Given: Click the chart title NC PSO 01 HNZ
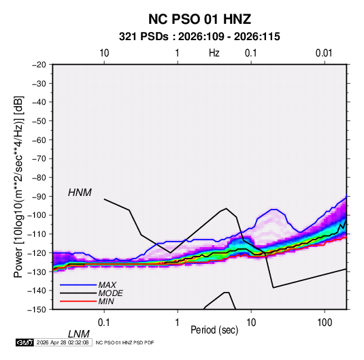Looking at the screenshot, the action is tap(199, 19).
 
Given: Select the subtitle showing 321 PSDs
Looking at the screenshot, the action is tap(199, 37).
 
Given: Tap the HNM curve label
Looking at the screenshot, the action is tap(80, 193).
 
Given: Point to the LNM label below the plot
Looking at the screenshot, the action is tap(79, 334).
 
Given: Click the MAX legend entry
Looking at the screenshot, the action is tap(107, 284).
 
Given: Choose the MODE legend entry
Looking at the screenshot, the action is tap(110, 293).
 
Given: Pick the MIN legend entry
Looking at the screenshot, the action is tap(106, 301).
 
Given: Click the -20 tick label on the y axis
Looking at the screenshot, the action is tap(39, 65).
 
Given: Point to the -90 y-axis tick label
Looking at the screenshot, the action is tap(39, 197).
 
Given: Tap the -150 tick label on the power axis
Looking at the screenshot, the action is tap(37, 310).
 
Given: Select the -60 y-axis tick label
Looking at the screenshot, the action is tap(39, 140).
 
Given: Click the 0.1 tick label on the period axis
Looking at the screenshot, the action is tap(104, 323).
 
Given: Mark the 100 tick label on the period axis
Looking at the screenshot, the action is tap(325, 323).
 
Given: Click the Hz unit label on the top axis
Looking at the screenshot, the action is tap(214, 53).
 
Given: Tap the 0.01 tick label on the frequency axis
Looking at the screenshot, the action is tap(324, 53).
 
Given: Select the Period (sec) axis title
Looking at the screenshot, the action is tap(214, 330).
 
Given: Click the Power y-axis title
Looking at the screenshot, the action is tap(18, 187).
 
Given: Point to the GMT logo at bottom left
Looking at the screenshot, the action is tap(25, 342).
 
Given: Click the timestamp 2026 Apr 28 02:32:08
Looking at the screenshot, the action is tap(63, 342).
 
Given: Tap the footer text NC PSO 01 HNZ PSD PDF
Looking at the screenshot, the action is tap(125, 342).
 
